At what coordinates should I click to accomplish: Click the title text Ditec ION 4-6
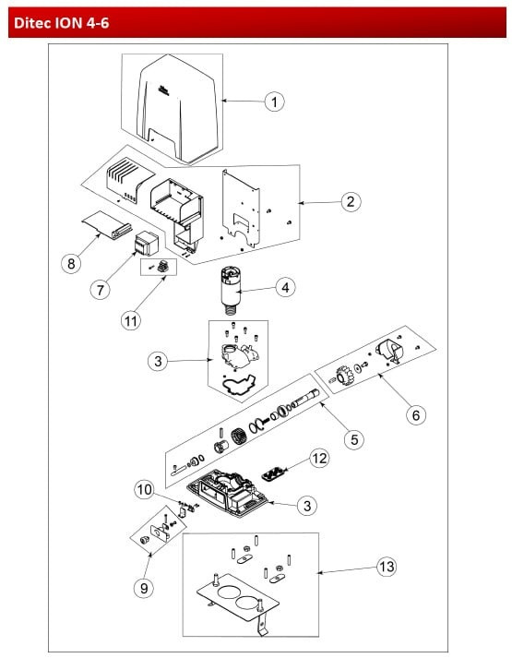[x=61, y=23]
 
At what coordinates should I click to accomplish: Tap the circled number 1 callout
[x=274, y=102]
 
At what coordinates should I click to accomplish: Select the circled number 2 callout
[x=351, y=202]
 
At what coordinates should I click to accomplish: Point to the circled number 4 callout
[x=285, y=288]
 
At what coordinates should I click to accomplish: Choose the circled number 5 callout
[x=354, y=440]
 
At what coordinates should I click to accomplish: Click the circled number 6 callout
[x=416, y=415]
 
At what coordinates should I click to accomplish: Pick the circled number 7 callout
[x=101, y=290]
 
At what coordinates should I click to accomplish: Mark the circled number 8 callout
[x=71, y=264]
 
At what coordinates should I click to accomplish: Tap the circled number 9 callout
[x=144, y=588]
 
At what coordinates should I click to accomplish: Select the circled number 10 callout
[x=144, y=490]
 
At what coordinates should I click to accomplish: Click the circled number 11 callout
[x=130, y=321]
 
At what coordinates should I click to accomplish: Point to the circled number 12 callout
[x=319, y=458]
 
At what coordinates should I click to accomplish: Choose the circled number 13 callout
[x=387, y=568]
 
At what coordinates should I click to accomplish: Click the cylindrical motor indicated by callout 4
[x=231, y=290]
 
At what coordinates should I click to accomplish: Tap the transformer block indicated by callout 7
[x=146, y=243]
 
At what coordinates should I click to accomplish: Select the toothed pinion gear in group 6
[x=342, y=375]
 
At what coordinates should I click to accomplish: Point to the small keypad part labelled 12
[x=274, y=473]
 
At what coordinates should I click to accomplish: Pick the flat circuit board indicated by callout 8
[x=107, y=224]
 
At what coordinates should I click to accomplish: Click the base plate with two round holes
[x=238, y=597]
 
